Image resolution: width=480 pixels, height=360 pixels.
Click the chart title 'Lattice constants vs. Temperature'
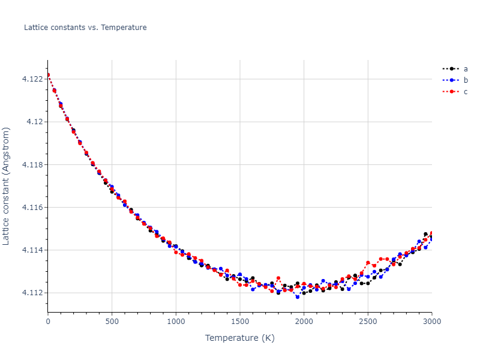coord(85,28)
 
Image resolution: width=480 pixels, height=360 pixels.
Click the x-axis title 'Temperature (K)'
coord(240,338)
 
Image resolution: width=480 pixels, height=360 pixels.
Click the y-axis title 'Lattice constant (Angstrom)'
coord(7,186)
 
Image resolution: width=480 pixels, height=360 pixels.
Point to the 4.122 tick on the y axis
coord(34,79)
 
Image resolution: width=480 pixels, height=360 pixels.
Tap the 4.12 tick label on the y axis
coord(35,122)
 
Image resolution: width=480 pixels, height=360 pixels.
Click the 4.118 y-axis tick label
coord(34,164)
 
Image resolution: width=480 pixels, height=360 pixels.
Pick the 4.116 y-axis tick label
coord(34,207)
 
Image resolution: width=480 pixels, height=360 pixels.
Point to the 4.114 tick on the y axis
coord(34,250)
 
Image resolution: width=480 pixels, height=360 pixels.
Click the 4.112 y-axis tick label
coord(34,293)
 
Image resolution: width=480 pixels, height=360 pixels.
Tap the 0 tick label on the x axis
coord(48,322)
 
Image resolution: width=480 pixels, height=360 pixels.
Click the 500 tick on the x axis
coord(112,322)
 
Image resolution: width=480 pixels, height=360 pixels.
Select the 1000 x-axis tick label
coord(176,322)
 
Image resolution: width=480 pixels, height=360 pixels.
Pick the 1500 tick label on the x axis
coord(240,322)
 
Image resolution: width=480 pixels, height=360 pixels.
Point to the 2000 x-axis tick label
coord(304,322)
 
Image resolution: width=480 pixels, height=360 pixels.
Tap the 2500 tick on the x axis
coord(368,322)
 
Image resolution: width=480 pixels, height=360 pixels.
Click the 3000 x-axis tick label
coord(431,322)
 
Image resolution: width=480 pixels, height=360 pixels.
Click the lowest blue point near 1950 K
coord(297,297)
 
